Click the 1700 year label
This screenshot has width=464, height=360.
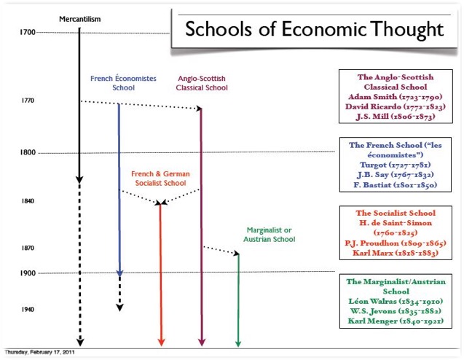28,32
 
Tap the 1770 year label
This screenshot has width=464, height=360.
28,101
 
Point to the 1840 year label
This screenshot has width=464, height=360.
28,201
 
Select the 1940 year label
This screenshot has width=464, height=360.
28,310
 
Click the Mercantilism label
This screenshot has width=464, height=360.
80,19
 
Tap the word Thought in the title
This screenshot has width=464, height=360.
407,29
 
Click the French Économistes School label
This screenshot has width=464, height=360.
123,83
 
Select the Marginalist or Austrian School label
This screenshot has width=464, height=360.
270,235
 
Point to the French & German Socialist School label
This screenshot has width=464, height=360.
160,179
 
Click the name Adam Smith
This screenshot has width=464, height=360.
372,97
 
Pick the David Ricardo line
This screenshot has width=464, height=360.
396,106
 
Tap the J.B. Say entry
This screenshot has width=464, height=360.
396,175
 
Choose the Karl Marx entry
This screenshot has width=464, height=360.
396,253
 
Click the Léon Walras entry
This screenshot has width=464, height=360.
396,302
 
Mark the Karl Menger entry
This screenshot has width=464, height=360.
396,321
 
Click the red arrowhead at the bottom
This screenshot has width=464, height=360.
161,343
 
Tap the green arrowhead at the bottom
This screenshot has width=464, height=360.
238,343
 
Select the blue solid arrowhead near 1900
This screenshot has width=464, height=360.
119,273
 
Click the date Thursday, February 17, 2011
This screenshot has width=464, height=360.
39,352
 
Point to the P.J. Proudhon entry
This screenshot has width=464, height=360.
396,243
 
